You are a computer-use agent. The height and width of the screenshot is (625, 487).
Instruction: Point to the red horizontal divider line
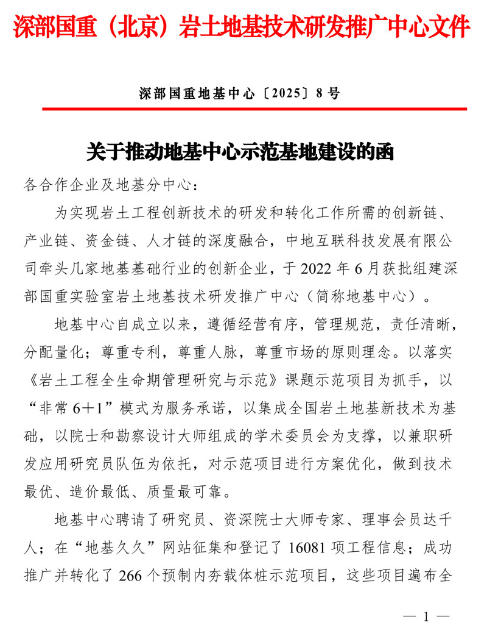click(254, 109)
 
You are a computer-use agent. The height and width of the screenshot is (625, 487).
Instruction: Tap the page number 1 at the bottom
click(426, 616)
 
